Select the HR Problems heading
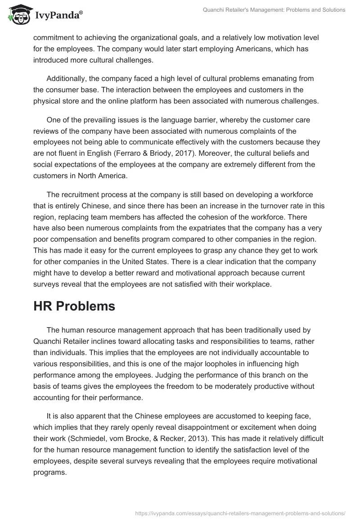coord(74,306)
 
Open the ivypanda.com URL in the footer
coord(240,512)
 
